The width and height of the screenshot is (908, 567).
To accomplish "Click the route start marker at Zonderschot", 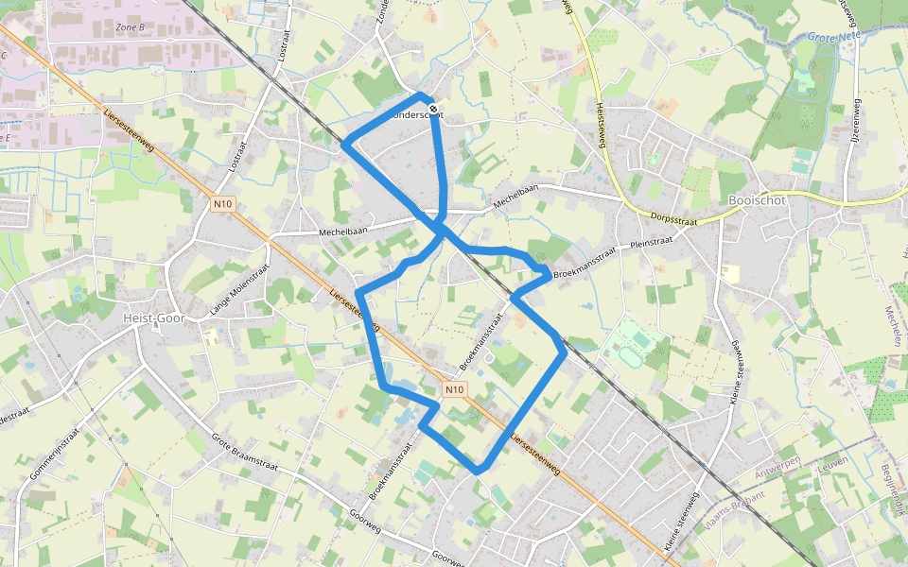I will tap(433, 110).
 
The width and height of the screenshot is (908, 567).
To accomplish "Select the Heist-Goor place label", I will tap(152, 318).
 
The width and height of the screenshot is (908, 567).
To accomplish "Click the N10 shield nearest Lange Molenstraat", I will tap(222, 203).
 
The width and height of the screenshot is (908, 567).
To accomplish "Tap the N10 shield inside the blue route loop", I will tap(455, 389).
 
